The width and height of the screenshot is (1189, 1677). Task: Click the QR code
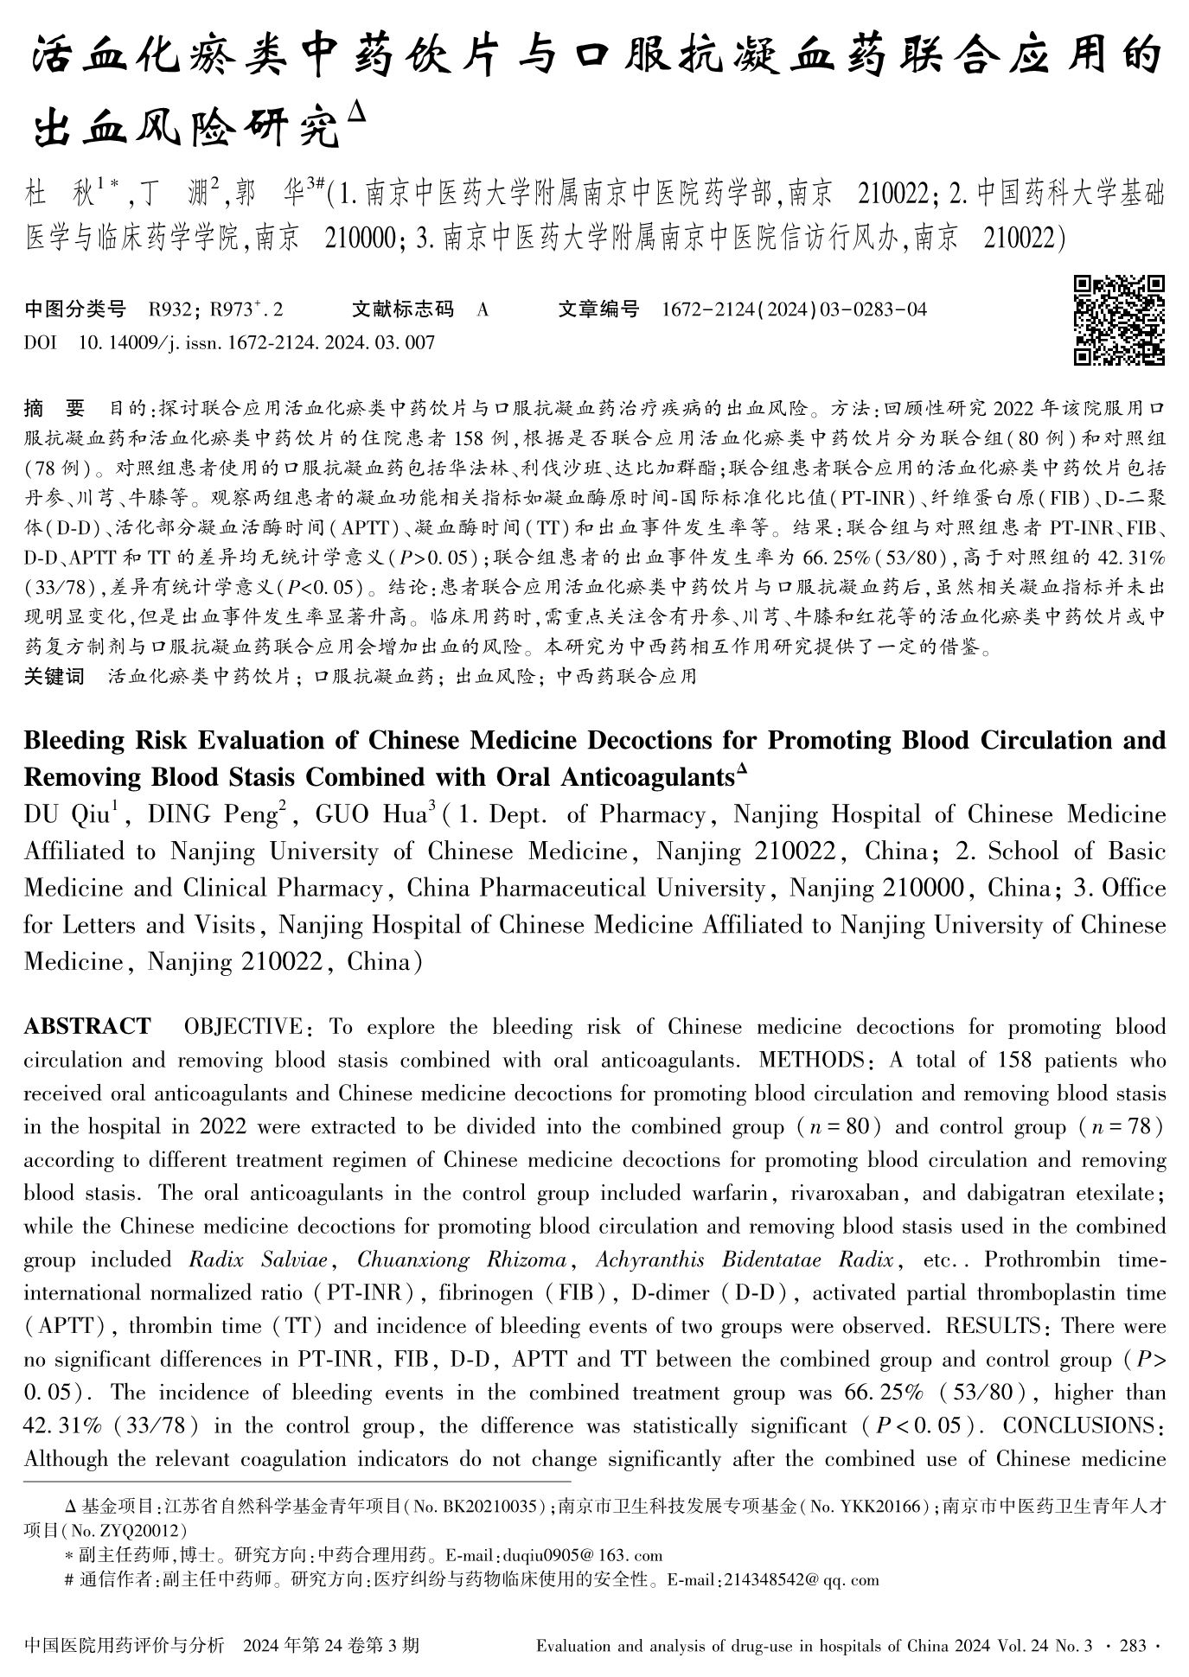[1119, 320]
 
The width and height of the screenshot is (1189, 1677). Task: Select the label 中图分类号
[75, 309]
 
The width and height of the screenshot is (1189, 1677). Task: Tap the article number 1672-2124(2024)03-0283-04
[793, 309]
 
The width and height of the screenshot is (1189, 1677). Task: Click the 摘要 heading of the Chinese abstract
[55, 407]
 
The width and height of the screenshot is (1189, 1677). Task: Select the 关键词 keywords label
[54, 676]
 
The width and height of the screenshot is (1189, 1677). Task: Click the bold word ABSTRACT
[87, 1026]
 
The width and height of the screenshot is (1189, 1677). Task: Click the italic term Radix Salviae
[261, 1259]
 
